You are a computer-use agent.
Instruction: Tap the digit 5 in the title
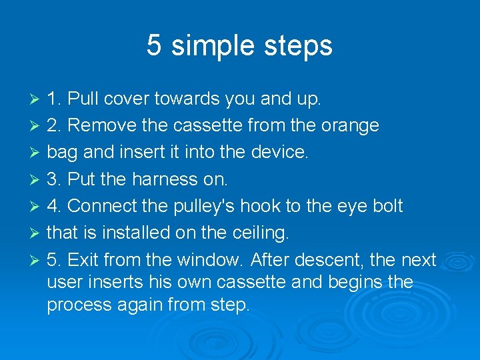coord(154,45)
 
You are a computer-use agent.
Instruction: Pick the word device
coord(280,152)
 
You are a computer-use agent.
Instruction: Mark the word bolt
coord(388,205)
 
